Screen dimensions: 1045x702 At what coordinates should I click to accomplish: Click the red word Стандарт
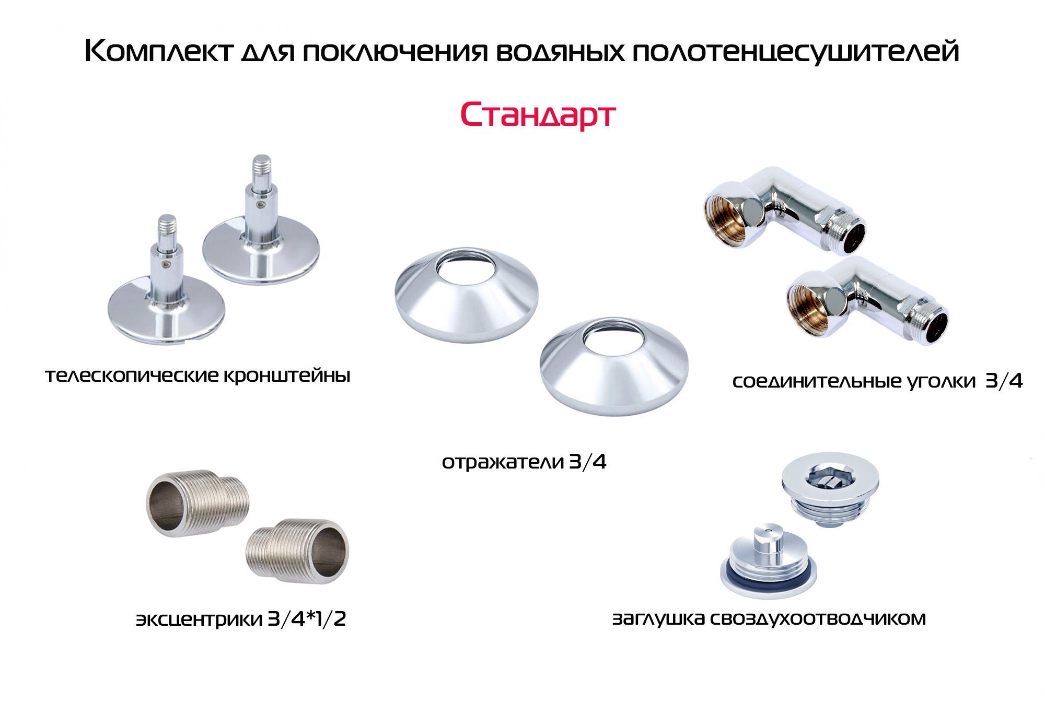point(538,115)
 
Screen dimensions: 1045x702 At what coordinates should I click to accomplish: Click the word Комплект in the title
point(158,51)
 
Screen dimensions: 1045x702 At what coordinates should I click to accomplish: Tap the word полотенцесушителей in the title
point(796,52)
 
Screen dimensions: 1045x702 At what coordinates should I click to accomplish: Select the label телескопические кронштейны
point(198,376)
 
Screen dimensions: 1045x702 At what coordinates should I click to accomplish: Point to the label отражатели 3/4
point(524,462)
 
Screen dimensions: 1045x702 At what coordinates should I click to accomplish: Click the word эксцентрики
point(199,619)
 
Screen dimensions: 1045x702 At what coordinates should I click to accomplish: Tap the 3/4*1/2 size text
point(307,618)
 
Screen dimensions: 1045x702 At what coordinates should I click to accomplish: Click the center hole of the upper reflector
point(466,267)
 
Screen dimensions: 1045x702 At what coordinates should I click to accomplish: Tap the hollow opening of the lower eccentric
point(329,552)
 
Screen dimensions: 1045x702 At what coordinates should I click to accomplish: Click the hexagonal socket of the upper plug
point(830,476)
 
